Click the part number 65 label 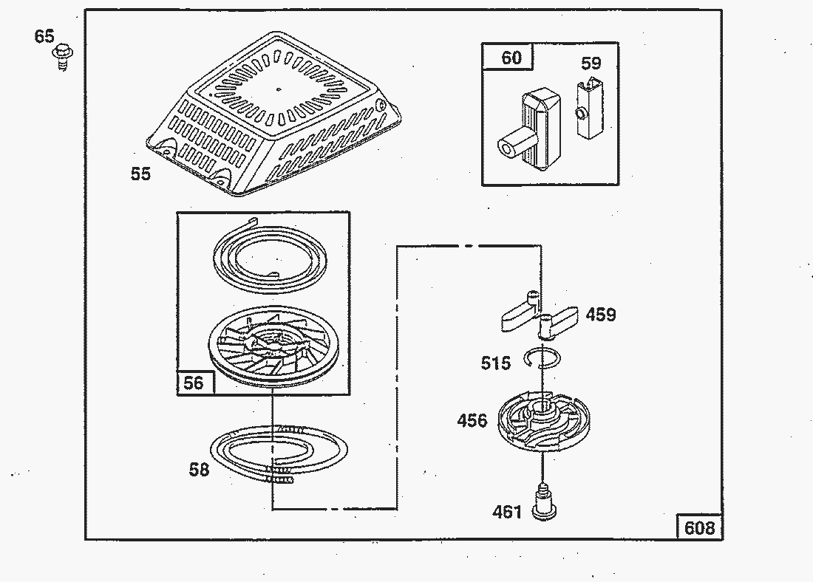coord(44,35)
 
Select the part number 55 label coord(140,174)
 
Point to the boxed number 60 coord(511,58)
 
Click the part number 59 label coord(591,63)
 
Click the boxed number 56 coord(193,383)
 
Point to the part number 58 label coord(199,469)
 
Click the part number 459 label coord(601,315)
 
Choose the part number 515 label coord(496,363)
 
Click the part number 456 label coord(472,420)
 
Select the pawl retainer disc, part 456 coord(543,422)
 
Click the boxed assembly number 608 coord(699,527)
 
